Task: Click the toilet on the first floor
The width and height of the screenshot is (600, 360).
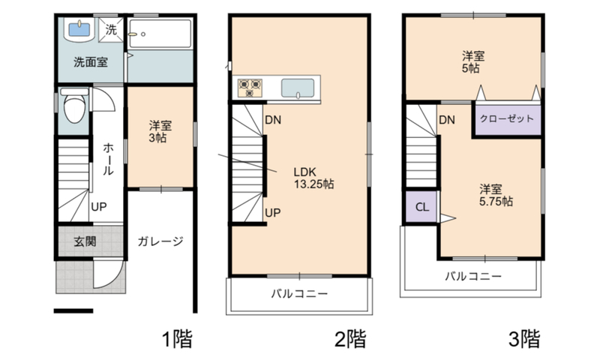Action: pyautogui.click(x=74, y=106)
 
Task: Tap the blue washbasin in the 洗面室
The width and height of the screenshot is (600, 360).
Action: pyautogui.click(x=79, y=29)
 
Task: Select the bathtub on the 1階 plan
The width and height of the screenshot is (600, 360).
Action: pyautogui.click(x=160, y=34)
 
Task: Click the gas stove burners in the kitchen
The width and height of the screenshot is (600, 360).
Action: pyautogui.click(x=250, y=88)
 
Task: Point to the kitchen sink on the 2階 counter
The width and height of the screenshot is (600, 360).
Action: pyautogui.click(x=298, y=88)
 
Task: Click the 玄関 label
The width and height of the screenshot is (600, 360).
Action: pyautogui.click(x=85, y=241)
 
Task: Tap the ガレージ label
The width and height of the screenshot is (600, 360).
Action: pyautogui.click(x=160, y=241)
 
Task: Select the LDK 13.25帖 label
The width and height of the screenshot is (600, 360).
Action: pyautogui.click(x=313, y=178)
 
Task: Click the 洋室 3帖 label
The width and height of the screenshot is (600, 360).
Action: pyautogui.click(x=160, y=131)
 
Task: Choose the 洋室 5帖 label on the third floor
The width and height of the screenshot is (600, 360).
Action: pyautogui.click(x=473, y=62)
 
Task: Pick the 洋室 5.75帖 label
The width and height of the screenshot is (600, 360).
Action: pyautogui.click(x=496, y=195)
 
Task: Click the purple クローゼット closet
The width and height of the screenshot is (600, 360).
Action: pyautogui.click(x=508, y=119)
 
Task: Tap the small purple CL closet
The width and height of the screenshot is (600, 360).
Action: pyautogui.click(x=421, y=206)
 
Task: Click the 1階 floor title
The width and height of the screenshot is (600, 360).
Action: pyautogui.click(x=177, y=338)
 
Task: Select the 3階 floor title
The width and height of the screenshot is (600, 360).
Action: pyautogui.click(x=524, y=338)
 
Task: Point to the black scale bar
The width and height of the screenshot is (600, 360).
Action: pyautogui.click(x=73, y=311)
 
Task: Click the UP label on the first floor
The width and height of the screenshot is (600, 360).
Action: pyautogui.click(x=99, y=207)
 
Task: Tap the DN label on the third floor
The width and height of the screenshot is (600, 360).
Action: pyautogui.click(x=447, y=120)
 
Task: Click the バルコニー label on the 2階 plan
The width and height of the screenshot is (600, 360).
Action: pyautogui.click(x=299, y=294)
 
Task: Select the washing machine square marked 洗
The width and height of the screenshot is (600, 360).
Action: pyautogui.click(x=111, y=29)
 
